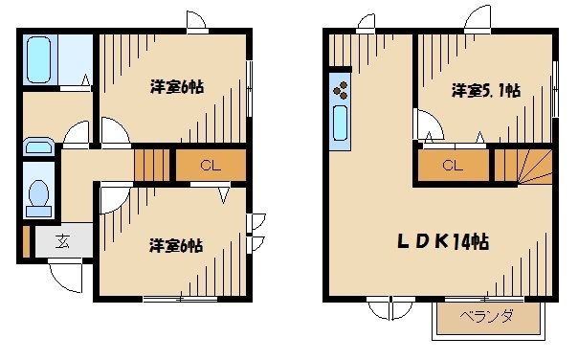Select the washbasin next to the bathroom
tap(38, 146)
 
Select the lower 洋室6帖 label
tap(175, 246)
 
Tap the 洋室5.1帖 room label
tap(485, 91)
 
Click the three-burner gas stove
tap(341, 91)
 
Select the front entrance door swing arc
tap(65, 276)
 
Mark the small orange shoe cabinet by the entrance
tap(24, 239)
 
